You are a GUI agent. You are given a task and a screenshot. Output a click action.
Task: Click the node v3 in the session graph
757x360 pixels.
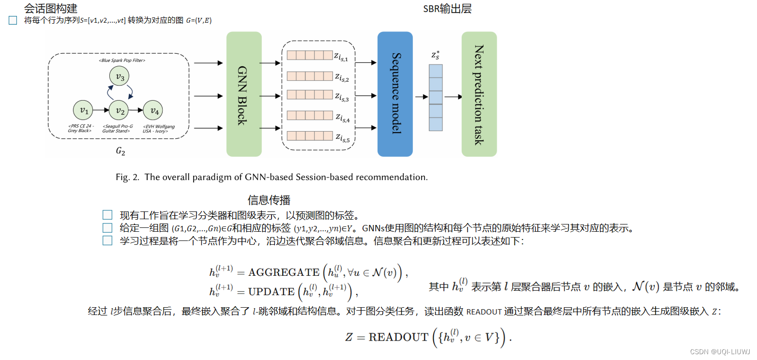119,77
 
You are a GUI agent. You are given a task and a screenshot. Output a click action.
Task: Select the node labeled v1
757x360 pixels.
84,110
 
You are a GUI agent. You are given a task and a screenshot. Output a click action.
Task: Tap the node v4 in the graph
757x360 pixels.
154,110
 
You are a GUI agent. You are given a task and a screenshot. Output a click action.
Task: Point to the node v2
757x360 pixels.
119,110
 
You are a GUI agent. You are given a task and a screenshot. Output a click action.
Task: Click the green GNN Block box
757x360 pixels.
243,94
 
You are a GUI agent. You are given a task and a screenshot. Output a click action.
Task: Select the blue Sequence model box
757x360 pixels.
395,94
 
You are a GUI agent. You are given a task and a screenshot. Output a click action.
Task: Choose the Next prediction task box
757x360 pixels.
479,94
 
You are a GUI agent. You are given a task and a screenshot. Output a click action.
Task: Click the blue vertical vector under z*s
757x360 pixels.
436,98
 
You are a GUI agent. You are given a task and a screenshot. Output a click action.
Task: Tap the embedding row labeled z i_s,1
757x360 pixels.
308,56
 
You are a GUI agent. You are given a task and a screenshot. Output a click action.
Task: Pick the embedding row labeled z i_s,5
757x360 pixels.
308,136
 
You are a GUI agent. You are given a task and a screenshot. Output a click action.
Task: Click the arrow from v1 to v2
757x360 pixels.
102,110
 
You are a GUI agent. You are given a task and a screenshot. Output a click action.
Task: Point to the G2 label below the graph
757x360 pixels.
120,151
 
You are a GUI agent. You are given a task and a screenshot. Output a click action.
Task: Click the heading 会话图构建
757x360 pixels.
50,8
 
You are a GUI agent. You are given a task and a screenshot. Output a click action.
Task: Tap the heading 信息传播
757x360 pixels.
269,200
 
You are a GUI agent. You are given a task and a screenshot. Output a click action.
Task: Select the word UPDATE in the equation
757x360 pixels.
271,292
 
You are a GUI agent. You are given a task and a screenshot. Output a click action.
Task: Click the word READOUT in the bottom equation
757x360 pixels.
398,337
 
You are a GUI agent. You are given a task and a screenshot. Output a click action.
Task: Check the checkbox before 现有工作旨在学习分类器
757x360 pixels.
107,215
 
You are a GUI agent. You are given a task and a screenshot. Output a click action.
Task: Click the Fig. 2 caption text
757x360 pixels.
272,177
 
